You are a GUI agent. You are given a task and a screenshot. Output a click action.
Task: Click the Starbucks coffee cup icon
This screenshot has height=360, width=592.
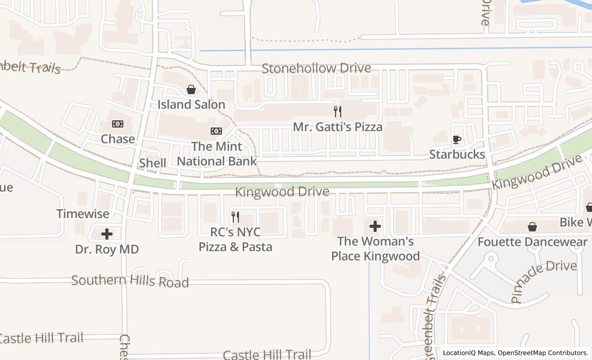tap(456, 139)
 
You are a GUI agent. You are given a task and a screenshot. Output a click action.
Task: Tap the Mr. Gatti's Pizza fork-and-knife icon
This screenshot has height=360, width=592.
tap(338, 111)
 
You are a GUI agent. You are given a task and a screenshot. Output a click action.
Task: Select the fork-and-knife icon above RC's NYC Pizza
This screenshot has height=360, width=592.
tap(235, 217)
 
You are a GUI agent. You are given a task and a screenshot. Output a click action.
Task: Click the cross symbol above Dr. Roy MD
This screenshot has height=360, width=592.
tap(107, 234)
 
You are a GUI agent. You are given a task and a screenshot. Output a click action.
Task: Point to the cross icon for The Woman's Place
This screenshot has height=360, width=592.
tap(375, 226)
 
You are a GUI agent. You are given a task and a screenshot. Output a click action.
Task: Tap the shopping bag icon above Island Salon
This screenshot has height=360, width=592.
tap(191, 89)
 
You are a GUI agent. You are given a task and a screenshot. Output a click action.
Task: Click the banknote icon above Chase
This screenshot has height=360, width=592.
tap(118, 124)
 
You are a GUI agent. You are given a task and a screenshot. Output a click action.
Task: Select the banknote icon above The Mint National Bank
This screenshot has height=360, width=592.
tap(216, 131)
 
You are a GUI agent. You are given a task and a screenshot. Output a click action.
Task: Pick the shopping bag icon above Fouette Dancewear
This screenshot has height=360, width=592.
tap(532, 226)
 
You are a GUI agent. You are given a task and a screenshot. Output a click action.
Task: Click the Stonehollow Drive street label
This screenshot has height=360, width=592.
tap(317, 68)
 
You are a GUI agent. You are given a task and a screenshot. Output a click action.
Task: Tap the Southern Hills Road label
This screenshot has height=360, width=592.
tap(130, 281)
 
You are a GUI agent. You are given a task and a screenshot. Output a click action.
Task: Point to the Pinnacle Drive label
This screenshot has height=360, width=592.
tap(544, 280)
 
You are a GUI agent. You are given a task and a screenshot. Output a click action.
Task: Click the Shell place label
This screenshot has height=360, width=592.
tap(153, 163)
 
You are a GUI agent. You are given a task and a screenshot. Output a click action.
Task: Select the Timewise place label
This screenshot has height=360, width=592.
tap(83, 213)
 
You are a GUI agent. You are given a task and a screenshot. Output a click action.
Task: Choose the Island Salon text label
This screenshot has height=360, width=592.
tap(191, 104)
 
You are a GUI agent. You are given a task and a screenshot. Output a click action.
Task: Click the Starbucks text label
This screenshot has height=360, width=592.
tap(457, 154)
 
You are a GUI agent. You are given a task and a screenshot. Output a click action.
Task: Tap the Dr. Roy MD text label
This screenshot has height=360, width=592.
tap(107, 249)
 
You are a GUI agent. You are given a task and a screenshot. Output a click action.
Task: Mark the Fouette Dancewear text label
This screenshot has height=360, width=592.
tap(532, 242)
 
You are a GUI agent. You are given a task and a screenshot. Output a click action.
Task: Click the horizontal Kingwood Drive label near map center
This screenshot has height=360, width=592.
tap(282, 192)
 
